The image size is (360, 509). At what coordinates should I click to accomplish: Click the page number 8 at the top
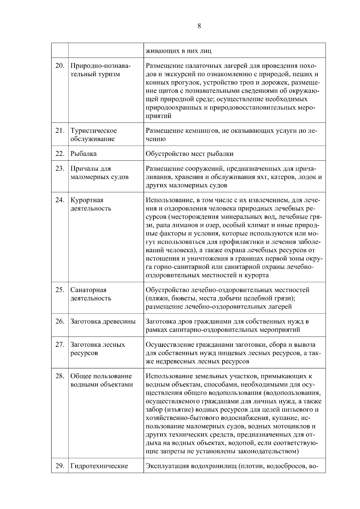[x=199, y=26]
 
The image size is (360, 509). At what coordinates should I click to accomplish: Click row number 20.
[x=60, y=66]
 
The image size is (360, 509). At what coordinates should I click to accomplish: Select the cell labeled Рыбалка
[x=83, y=154]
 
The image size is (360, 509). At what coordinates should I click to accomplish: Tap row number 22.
[x=60, y=154]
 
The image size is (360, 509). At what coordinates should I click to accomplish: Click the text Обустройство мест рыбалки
[x=189, y=154]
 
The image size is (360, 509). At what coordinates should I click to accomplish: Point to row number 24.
[x=60, y=200]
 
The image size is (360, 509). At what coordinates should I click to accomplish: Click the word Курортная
[x=87, y=200]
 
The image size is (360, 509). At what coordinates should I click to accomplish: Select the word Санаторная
[x=88, y=290]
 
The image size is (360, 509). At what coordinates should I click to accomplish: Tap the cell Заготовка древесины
[x=103, y=321]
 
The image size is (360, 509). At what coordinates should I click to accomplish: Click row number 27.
[x=60, y=344]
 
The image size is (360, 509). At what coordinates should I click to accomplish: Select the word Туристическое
[x=94, y=131]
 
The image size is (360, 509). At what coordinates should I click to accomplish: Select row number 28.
[x=60, y=376]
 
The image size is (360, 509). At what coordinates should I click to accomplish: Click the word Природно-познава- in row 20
[x=101, y=66]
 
